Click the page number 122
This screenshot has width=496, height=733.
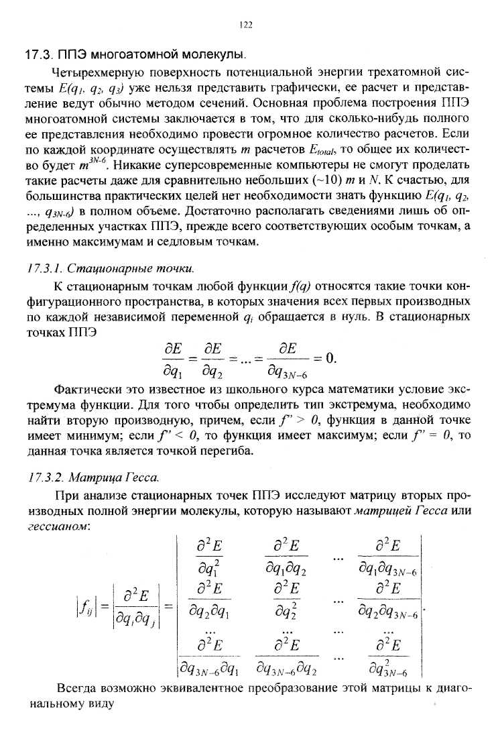tap(245, 25)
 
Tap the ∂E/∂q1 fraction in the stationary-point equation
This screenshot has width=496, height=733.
tap(166, 359)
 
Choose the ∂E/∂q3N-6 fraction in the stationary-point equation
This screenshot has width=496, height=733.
tap(290, 359)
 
